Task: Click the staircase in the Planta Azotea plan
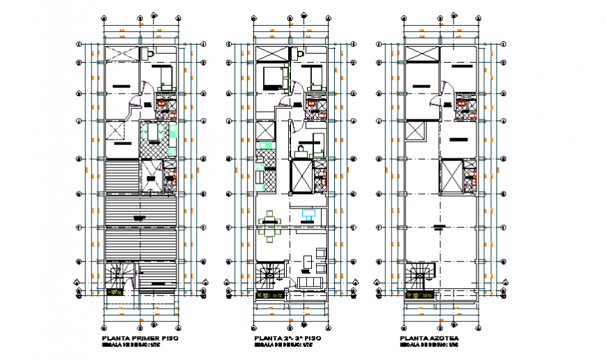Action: (421, 276)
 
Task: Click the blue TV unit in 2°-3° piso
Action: (308, 212)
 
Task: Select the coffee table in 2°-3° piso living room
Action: (308, 262)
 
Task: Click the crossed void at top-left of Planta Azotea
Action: (421, 54)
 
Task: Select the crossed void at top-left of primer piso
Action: (120, 54)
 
